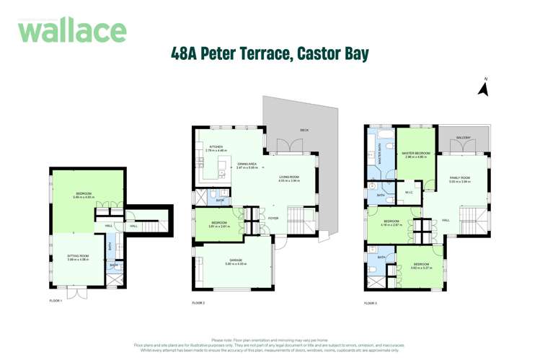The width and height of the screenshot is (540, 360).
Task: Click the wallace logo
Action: coord(72,30)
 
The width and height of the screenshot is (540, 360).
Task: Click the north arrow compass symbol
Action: coord(484,88)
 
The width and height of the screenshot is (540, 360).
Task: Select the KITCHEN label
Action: coord(216,146)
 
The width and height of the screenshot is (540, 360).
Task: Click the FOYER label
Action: coord(273,218)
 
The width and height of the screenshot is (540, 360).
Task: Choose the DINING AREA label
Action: coord(247,164)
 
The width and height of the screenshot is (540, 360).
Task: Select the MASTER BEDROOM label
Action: coord(417,153)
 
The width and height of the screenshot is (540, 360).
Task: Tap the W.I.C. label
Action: coord(408,192)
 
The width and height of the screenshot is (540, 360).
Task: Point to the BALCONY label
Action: coord(463,137)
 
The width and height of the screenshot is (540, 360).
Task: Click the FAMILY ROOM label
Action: coord(459,177)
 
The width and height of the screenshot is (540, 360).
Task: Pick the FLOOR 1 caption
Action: coord(56,301)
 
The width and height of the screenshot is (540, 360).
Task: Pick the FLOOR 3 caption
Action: coord(371,303)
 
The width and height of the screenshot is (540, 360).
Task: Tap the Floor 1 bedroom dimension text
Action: coord(85,197)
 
